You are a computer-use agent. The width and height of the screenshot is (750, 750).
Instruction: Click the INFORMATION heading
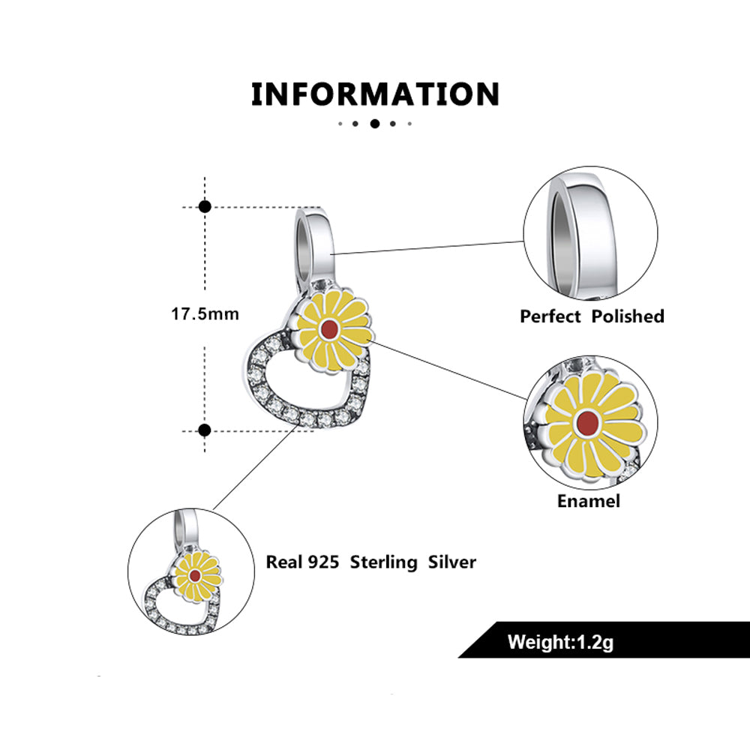pos(375,94)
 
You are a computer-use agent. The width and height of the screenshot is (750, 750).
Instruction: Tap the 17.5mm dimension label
pos(205,313)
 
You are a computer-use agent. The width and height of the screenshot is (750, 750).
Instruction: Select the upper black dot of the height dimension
pos(205,206)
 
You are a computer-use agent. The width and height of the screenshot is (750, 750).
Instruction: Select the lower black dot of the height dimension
pos(205,430)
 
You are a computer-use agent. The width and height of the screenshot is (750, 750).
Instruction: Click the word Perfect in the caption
pos(550,316)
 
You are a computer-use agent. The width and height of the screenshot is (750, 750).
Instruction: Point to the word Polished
pos(628,316)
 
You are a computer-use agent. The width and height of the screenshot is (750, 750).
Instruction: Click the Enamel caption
pos(589,501)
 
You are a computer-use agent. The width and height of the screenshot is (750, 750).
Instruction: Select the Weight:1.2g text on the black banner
pos(561,642)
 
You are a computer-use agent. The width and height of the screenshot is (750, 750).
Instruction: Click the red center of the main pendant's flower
pos(328,330)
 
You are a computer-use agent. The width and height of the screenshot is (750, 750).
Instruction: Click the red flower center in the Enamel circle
pos(589,423)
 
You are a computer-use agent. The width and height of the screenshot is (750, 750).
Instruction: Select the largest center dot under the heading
pos(374,123)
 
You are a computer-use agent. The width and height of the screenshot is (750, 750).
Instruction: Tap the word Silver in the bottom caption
pos(452,562)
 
